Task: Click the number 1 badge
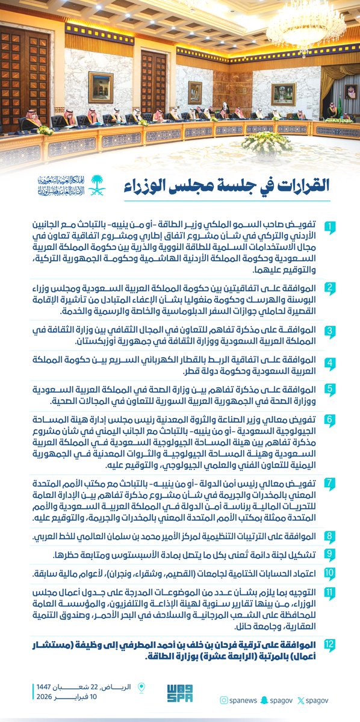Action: pos(331,226)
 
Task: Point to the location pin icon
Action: pos(142,688)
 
